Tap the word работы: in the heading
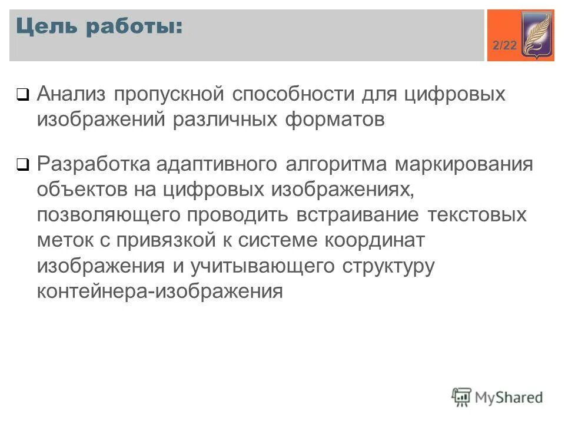click(x=136, y=28)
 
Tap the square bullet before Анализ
click(x=23, y=94)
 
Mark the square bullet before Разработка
click(x=23, y=165)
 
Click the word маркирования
click(x=464, y=164)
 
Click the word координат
click(x=374, y=240)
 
